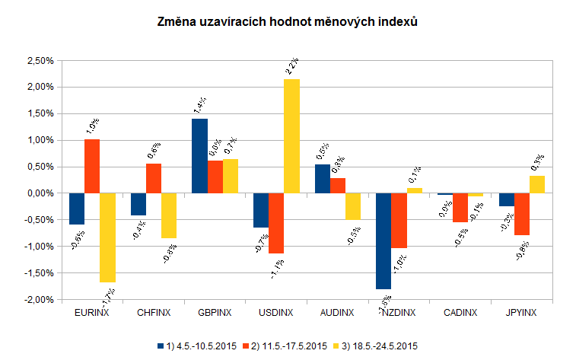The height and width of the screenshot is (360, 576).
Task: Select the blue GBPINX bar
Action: coord(199,156)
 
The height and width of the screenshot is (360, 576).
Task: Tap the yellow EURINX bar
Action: coord(107,237)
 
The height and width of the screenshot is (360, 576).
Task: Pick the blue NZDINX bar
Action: coord(384,241)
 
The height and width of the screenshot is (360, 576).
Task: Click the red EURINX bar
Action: coord(92,166)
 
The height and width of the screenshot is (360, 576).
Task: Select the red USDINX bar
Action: coord(276,223)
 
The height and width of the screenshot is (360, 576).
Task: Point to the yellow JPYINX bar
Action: coord(537,184)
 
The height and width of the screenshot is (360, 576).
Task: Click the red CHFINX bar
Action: coord(154,178)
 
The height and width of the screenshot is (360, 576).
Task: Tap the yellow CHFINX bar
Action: coord(169,215)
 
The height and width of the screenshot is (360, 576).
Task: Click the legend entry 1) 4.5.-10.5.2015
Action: coord(196,346)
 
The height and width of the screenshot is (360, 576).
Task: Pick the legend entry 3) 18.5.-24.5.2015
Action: coord(373,346)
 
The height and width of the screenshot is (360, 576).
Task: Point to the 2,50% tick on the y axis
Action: coord(39,60)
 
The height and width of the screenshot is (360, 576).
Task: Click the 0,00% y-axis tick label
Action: coord(39,193)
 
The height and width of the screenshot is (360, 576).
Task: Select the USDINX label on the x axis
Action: coord(276,313)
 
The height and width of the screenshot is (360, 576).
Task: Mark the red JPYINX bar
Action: coord(522,214)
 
